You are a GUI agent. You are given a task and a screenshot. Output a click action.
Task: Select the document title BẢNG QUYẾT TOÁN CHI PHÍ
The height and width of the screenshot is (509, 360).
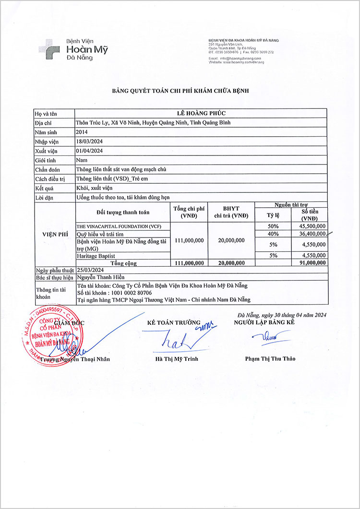tap(180, 91)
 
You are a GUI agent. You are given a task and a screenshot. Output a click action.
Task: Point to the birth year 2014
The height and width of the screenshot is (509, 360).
tap(82, 131)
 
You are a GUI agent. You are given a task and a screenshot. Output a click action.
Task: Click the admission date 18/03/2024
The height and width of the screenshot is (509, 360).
tap(90, 141)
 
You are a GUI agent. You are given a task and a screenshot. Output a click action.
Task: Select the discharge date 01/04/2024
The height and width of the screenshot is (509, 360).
tap(90, 150)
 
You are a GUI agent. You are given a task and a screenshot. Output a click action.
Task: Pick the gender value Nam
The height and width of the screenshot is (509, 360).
tap(82, 160)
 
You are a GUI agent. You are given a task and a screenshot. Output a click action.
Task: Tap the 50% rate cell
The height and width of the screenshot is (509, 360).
tap(273, 225)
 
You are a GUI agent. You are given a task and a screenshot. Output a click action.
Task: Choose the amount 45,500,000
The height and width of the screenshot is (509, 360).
tap(312, 225)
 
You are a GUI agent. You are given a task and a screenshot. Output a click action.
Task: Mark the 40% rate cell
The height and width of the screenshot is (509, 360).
tap(273, 234)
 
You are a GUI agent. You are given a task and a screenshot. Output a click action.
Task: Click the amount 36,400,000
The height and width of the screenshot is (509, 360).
tap(312, 234)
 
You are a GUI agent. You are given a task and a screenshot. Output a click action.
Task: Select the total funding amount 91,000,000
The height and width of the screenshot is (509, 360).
tap(312, 263)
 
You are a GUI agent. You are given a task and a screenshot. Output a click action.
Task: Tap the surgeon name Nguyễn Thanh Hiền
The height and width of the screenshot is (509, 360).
tap(98, 278)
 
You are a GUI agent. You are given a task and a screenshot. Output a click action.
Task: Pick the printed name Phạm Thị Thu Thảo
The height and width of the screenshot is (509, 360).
tap(270, 358)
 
